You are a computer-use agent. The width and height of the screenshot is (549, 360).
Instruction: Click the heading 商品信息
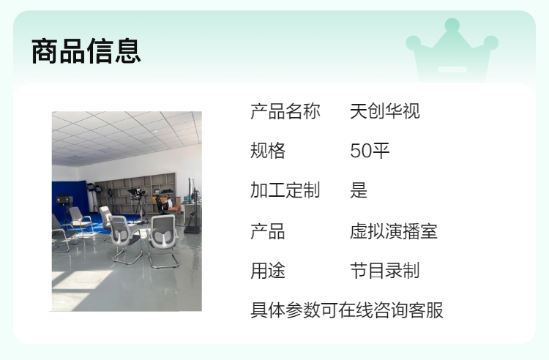click(x=86, y=51)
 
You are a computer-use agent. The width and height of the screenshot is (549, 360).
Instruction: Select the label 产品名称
click(x=285, y=111)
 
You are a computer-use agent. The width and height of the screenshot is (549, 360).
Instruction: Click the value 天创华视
click(x=385, y=111)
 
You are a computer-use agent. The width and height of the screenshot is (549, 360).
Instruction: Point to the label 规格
click(x=268, y=151)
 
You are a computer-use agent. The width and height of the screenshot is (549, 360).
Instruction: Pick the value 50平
click(x=370, y=151)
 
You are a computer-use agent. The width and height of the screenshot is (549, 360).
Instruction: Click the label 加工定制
click(x=285, y=191)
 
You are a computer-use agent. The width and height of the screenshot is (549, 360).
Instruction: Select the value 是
click(x=359, y=191)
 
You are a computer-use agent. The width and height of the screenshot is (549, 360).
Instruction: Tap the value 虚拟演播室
click(x=394, y=231)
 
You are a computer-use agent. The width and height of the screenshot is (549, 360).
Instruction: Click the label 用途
click(x=268, y=271)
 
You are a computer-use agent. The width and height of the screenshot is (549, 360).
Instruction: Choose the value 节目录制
click(x=385, y=271)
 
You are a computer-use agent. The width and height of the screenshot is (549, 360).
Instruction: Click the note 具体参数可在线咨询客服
click(x=347, y=310)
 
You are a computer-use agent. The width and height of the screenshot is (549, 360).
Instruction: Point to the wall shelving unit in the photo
click(x=137, y=192)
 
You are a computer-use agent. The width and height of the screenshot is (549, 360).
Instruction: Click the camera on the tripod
click(x=138, y=192)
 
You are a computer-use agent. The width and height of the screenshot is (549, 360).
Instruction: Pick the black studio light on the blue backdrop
click(x=64, y=200)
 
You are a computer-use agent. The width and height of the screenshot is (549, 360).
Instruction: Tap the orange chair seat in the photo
click(x=174, y=209)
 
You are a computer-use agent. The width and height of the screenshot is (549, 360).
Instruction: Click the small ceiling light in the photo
click(x=155, y=131)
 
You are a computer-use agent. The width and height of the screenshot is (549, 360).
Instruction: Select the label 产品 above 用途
click(x=268, y=231)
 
